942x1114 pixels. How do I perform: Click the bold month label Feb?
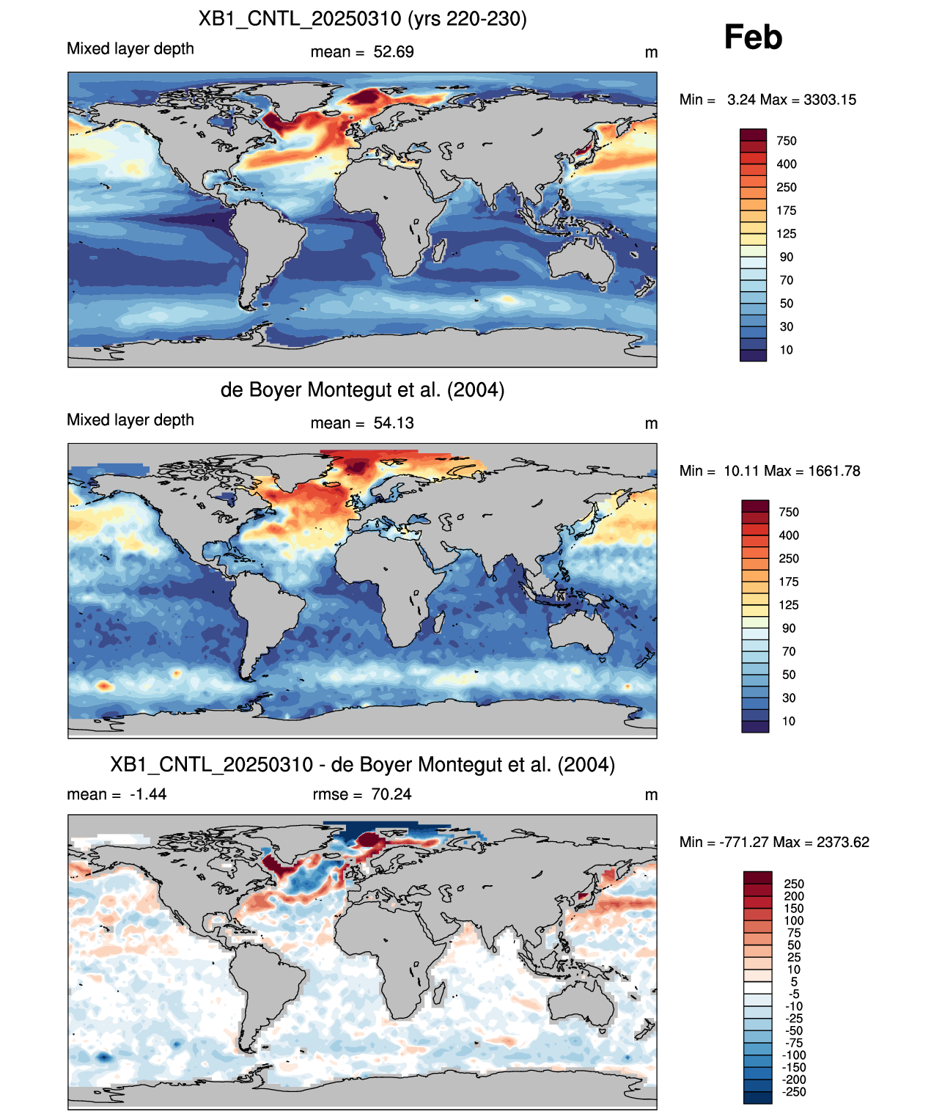coord(752,37)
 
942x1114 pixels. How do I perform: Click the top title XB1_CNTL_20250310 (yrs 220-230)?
coord(362,19)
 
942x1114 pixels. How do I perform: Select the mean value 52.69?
coord(393,52)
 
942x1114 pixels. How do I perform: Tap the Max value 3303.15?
coord(829,100)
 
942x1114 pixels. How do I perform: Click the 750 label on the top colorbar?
coord(787,141)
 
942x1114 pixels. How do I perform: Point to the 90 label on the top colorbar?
coord(787,257)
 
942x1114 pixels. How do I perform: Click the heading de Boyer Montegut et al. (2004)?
coord(362,389)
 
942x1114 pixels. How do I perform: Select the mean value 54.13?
coord(393,423)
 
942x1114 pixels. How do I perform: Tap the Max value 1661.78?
coord(834,471)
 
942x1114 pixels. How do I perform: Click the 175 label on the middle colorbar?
coord(789,582)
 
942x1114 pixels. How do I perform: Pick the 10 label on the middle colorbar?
coord(789,721)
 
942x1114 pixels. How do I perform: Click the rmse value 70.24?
coord(391,794)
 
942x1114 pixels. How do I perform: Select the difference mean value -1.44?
coord(148,794)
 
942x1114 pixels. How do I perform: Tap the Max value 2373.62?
coord(843,842)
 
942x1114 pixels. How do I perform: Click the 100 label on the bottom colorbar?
coord(794,920)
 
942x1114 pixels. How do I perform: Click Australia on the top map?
coord(581,261)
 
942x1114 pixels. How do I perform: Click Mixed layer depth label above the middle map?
coord(130,419)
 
